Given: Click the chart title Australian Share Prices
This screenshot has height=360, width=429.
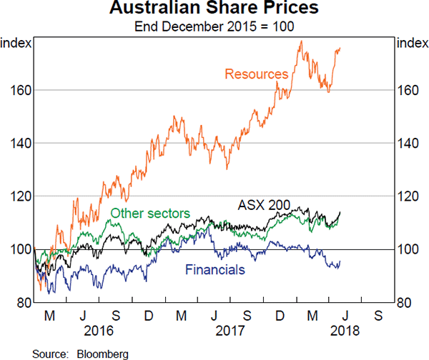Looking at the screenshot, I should click(214, 11).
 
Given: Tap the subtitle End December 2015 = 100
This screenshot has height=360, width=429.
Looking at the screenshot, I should click(214, 28).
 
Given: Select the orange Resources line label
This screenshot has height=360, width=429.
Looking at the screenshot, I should click(256, 74).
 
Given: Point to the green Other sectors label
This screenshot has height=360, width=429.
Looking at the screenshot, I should click(149, 213).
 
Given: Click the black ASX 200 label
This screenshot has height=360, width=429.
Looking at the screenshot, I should click(264, 206).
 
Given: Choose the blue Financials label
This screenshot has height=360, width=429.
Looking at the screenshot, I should click(215, 269).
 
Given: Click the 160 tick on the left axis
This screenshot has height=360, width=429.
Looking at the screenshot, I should click(20, 91).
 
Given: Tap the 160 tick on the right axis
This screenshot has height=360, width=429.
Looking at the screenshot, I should click(408, 91).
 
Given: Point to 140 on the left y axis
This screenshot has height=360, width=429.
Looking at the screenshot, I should click(20, 144).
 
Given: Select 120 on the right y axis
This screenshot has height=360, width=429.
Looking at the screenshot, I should click(408, 196).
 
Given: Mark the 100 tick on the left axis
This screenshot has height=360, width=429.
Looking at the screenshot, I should click(20, 249).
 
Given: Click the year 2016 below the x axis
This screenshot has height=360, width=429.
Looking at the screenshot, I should click(99, 331).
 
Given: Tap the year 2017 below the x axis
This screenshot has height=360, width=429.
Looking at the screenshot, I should click(231, 331).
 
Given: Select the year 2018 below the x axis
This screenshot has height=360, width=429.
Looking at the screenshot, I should click(343, 331).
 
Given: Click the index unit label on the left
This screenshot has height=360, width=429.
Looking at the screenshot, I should click(16, 44).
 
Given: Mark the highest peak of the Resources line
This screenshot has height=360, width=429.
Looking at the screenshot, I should click(301, 41).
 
